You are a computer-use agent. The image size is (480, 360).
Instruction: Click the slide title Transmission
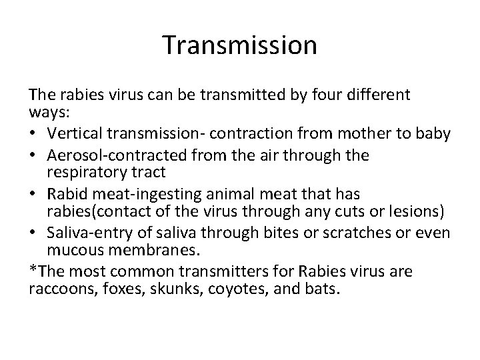240,45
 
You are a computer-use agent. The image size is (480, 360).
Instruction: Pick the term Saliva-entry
83,233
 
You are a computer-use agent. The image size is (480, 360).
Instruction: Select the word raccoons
55,290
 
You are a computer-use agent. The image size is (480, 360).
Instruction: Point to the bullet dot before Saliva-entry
34,233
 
